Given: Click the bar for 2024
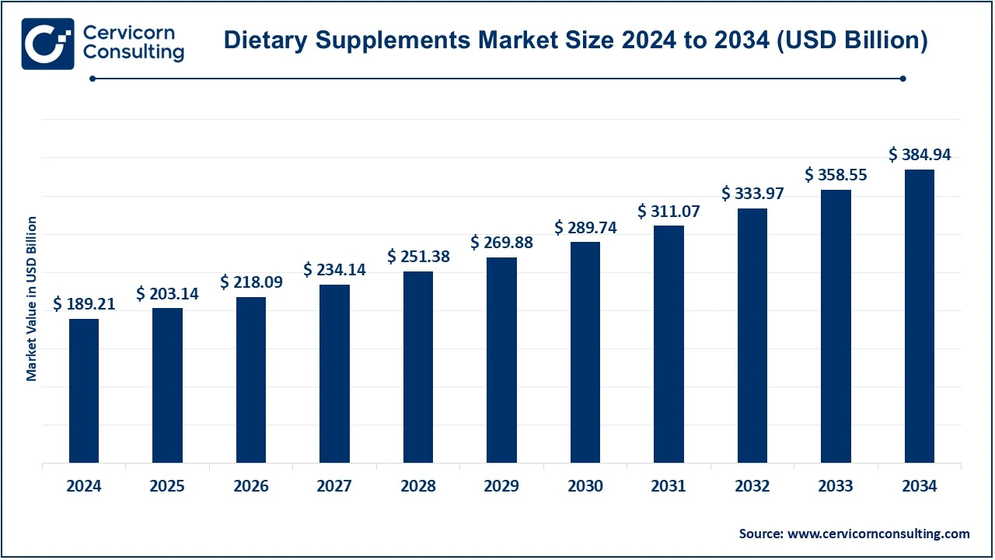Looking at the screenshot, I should (84, 390).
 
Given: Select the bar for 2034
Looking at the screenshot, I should (920, 316).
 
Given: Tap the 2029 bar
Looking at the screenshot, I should (501, 360).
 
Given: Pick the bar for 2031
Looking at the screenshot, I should (669, 344).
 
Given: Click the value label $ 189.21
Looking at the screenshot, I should (84, 304).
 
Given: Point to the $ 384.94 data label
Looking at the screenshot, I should (920, 155).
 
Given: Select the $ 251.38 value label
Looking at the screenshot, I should (418, 256).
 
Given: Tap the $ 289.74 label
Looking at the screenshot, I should (585, 227).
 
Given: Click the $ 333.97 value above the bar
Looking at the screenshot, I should (752, 193).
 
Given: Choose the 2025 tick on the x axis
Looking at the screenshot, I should (167, 487).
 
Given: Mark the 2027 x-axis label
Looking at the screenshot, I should (334, 487).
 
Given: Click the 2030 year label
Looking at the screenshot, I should (585, 487).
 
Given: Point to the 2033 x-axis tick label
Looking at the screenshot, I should (836, 487).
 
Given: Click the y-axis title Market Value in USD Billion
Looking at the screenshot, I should (32, 299).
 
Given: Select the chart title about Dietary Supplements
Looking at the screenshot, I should (575, 40).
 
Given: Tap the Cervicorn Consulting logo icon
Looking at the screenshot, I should (48, 44).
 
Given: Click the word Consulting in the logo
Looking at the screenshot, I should (133, 53).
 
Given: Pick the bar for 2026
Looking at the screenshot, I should (251, 380).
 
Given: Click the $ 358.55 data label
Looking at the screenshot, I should (836, 175).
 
